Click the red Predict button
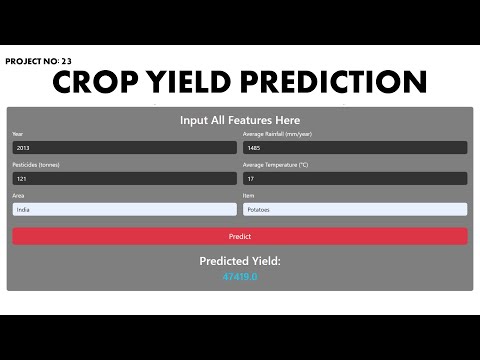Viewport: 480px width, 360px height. click(239, 236)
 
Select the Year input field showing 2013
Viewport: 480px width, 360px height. click(124, 147)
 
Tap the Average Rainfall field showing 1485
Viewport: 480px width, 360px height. click(355, 147)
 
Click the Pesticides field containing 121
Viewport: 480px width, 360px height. click(124, 178)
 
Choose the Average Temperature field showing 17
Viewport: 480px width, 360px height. click(355, 178)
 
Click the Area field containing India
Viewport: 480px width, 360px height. click(124, 209)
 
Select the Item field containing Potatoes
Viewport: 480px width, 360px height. click(355, 209)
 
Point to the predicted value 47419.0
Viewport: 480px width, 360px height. click(240, 276)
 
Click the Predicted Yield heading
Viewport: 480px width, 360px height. click(240, 261)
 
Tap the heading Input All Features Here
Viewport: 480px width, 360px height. click(240, 120)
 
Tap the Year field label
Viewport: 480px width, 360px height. click(17, 134)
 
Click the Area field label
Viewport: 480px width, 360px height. click(17, 196)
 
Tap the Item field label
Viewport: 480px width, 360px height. click(249, 196)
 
